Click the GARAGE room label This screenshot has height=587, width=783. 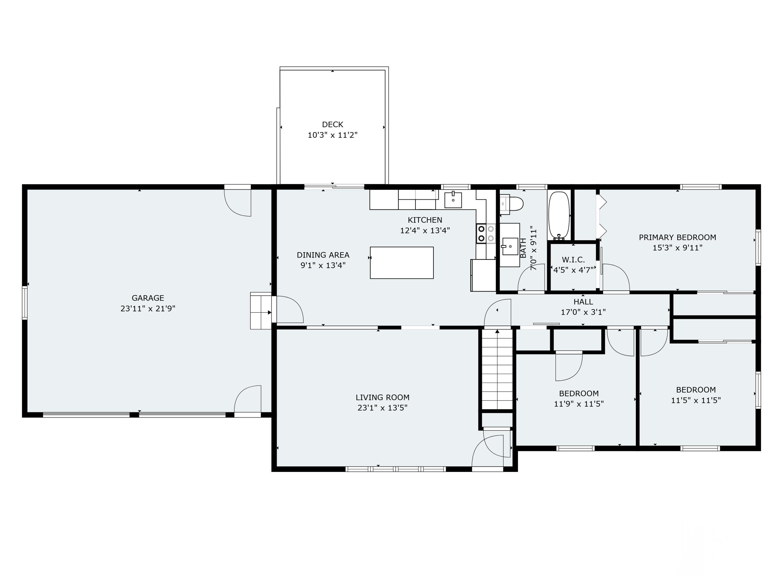(148, 298)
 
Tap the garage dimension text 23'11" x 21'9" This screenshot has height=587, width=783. (148, 309)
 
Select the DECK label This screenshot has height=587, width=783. (333, 124)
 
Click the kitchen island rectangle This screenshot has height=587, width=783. (402, 262)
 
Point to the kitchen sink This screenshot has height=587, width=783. (453, 200)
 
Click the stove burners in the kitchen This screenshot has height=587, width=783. (486, 233)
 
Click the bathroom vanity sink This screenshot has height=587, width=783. (510, 246)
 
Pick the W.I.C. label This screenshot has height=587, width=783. (573, 260)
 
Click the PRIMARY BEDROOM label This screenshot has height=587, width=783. (677, 237)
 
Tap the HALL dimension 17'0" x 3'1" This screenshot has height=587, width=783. (583, 312)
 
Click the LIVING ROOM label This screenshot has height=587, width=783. (382, 397)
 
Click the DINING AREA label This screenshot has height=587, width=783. (323, 255)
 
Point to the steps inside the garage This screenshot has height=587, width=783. (260, 311)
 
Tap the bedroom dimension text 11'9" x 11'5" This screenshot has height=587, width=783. (579, 404)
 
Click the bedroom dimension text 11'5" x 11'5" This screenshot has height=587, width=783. (696, 400)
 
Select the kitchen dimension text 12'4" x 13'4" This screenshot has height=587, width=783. (425, 231)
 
